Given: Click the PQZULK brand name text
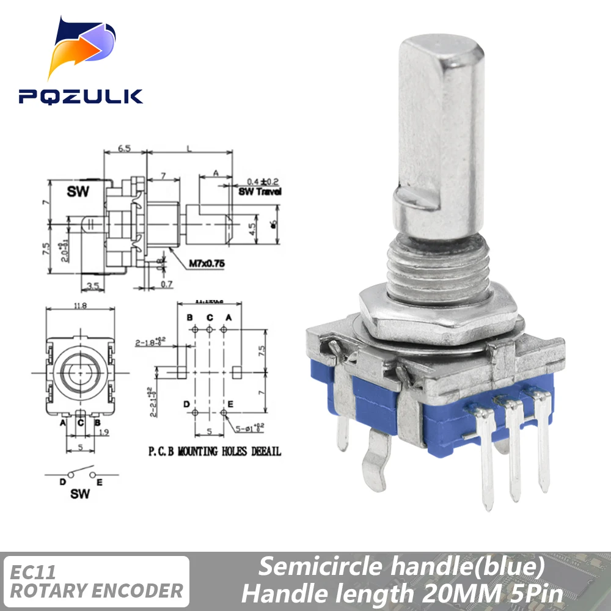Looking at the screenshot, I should (x=80, y=97).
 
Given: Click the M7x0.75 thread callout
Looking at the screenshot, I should (x=205, y=263).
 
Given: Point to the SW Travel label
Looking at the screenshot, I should (x=260, y=191).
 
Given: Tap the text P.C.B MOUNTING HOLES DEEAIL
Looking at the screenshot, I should (x=214, y=452).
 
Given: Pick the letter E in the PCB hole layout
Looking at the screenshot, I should (x=230, y=404).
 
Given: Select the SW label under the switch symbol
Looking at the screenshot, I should (x=79, y=493).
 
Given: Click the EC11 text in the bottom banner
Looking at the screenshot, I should (x=34, y=573).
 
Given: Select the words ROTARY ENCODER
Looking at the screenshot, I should (x=97, y=591).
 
